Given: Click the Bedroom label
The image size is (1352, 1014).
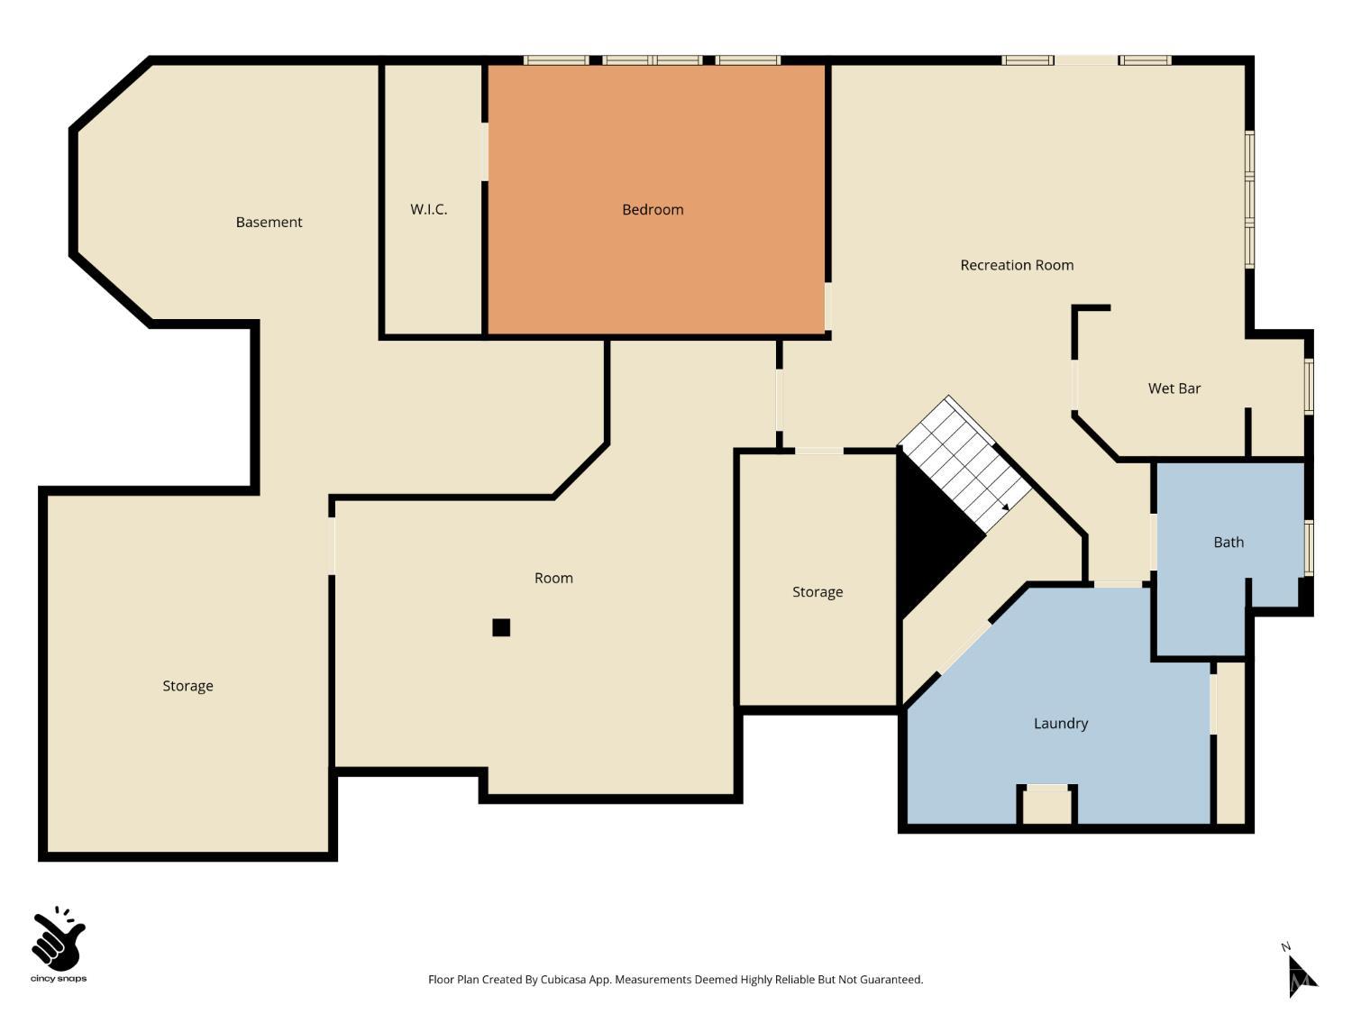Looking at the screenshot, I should (x=653, y=210).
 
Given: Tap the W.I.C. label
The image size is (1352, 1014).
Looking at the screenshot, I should (x=428, y=209).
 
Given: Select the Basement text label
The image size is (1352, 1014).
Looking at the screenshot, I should (x=269, y=223).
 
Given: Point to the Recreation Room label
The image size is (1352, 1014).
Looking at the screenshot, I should (x=1017, y=265).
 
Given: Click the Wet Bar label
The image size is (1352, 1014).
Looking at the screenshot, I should (x=1174, y=388).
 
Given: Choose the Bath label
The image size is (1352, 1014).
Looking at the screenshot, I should (x=1228, y=543).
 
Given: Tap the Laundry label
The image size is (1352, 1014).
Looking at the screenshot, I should (x=1060, y=724).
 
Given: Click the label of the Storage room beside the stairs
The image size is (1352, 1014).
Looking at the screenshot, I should (x=818, y=592).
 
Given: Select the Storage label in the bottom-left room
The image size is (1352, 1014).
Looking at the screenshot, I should (x=187, y=686).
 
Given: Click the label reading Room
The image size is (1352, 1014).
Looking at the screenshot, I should (x=553, y=579).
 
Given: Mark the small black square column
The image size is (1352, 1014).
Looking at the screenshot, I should (x=501, y=627).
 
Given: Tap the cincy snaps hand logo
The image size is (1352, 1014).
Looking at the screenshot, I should (x=59, y=939).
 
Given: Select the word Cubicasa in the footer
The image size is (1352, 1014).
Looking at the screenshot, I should (x=565, y=980).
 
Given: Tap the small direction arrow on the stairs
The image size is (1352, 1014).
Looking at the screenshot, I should (x=1005, y=507).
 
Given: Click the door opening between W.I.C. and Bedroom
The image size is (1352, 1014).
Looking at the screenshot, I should (x=485, y=151).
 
